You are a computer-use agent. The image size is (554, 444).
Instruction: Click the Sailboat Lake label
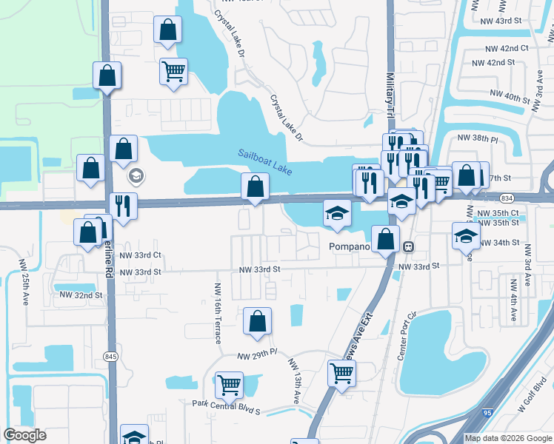point(264,160)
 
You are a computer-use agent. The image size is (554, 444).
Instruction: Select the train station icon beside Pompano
point(407,246)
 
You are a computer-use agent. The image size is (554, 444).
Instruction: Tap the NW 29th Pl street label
point(256,357)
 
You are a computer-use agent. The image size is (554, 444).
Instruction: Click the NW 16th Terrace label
point(218,313)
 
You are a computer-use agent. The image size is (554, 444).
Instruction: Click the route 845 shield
point(110,357)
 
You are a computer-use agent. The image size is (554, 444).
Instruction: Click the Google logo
point(24,435)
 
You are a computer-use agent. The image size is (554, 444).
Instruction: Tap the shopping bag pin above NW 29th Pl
point(257,321)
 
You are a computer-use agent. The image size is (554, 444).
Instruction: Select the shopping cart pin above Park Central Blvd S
point(229,385)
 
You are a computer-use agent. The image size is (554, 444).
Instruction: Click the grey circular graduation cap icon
point(136,176)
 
